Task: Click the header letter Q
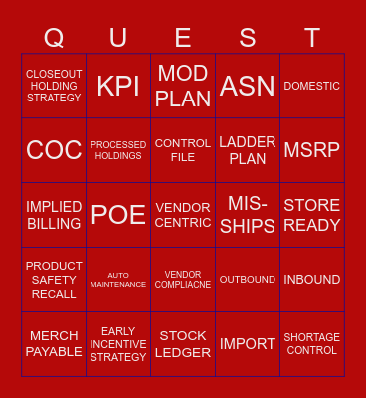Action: [x=54, y=38]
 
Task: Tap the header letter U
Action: [x=118, y=38]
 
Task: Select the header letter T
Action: [x=312, y=38]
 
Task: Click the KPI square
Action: [x=118, y=86]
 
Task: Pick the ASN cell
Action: [x=248, y=86]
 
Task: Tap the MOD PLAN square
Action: [x=183, y=86]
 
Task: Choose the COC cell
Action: [x=54, y=150]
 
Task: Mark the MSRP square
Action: [x=312, y=150]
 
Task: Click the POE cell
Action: [x=118, y=215]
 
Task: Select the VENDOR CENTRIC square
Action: [x=183, y=215]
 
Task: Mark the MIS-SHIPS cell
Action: [x=248, y=215]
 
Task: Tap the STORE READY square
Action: [x=312, y=215]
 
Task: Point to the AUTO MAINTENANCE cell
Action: [x=118, y=280]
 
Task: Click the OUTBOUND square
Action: [x=248, y=280]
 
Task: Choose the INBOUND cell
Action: [x=312, y=280]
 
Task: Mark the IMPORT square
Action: [x=248, y=344]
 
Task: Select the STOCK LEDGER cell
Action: [x=183, y=344]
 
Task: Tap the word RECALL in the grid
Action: [x=54, y=294]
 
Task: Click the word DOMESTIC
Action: [x=312, y=86]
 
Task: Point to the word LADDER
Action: [x=248, y=142]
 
